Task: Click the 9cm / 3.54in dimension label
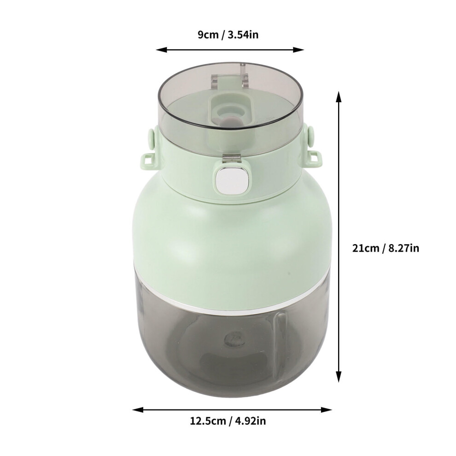click(x=228, y=35)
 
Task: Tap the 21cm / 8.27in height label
click(x=386, y=248)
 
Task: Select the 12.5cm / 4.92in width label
click(x=228, y=421)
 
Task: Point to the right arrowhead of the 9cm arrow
click(x=298, y=50)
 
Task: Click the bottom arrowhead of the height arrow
click(x=338, y=377)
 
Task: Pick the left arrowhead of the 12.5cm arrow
click(x=138, y=410)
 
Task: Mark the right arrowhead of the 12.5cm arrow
click(x=326, y=410)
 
